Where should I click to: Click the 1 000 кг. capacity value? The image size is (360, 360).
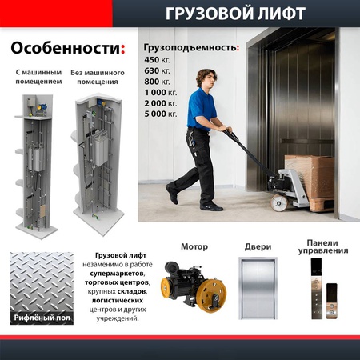click(161, 94)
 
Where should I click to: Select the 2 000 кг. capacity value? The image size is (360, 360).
click(161, 105)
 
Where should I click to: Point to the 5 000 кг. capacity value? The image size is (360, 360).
click(161, 116)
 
